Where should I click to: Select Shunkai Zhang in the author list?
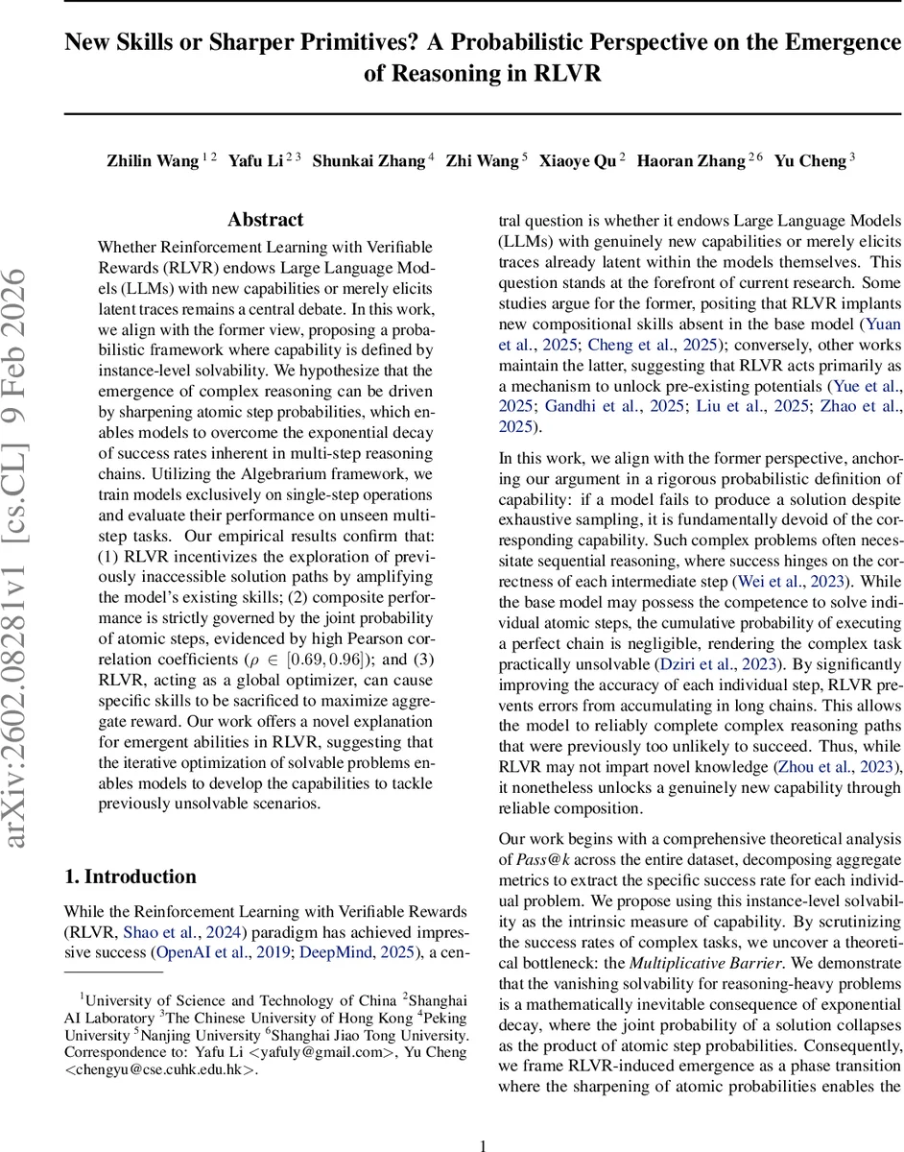tap(369, 160)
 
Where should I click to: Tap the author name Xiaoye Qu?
tap(579, 160)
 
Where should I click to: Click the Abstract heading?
tap(265, 220)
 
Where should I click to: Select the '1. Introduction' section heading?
tap(130, 876)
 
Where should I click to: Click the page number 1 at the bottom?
tap(484, 1119)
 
